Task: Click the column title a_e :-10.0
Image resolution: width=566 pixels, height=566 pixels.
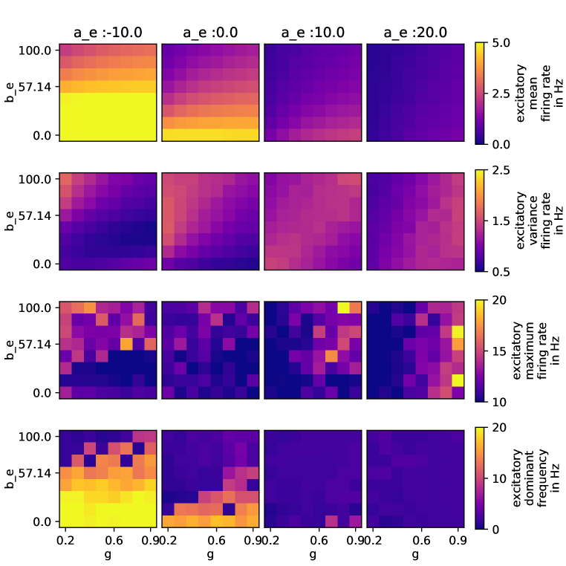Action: [x=107, y=33]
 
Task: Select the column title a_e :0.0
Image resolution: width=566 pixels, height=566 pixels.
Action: [x=210, y=33]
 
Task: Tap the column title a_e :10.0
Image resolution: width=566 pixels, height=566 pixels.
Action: [x=313, y=33]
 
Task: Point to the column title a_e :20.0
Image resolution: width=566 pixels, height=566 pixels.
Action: [x=415, y=33]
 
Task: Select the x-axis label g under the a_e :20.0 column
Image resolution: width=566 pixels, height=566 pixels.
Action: [x=415, y=554]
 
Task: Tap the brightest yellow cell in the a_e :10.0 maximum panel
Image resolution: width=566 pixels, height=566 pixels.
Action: [x=343, y=307]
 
